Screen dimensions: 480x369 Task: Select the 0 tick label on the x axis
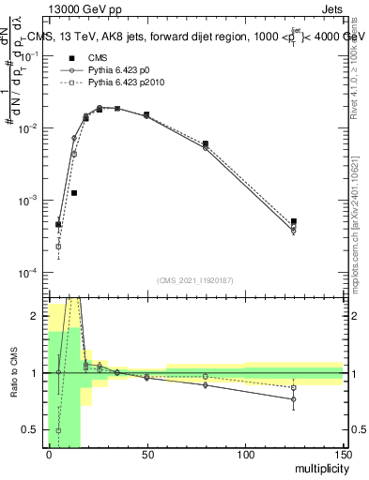coord(49,455)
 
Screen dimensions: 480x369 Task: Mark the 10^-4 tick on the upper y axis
coord(30,273)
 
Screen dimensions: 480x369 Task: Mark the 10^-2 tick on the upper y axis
coord(30,127)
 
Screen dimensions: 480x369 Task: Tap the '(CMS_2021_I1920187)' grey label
coord(195,280)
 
